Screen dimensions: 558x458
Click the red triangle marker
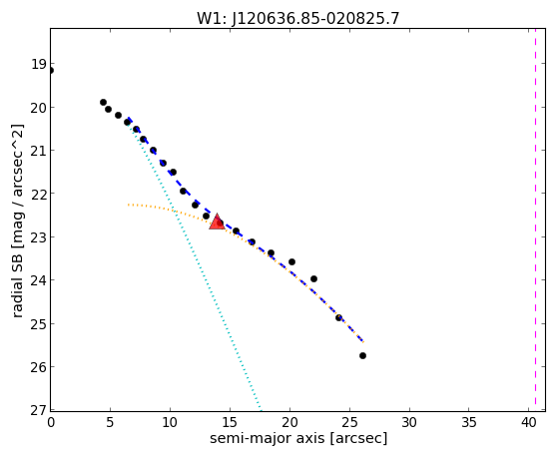coord(217,223)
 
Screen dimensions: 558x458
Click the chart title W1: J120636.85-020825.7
coord(298,18)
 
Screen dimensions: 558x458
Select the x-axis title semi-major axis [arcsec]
coord(298,438)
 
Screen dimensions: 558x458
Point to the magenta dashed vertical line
coord(535,220)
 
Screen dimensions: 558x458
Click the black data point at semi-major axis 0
coord(51,71)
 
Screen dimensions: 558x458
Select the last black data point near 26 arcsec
coord(362,355)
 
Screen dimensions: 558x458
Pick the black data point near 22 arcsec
coord(313,278)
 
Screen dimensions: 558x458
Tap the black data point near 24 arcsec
coord(338,317)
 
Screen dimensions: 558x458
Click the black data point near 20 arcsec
coord(291,261)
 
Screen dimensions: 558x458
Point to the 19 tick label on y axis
coord(39,65)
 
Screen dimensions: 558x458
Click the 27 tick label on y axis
coord(39,409)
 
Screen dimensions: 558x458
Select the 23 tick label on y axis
coord(39,237)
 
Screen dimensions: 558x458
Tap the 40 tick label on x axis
coord(529,422)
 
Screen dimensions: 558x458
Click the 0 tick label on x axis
coord(51,422)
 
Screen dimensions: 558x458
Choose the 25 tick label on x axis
coord(349,422)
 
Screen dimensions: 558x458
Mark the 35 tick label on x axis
coord(469,422)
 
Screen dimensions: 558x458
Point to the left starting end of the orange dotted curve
coord(128,205)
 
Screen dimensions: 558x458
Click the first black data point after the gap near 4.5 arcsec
coord(103,102)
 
